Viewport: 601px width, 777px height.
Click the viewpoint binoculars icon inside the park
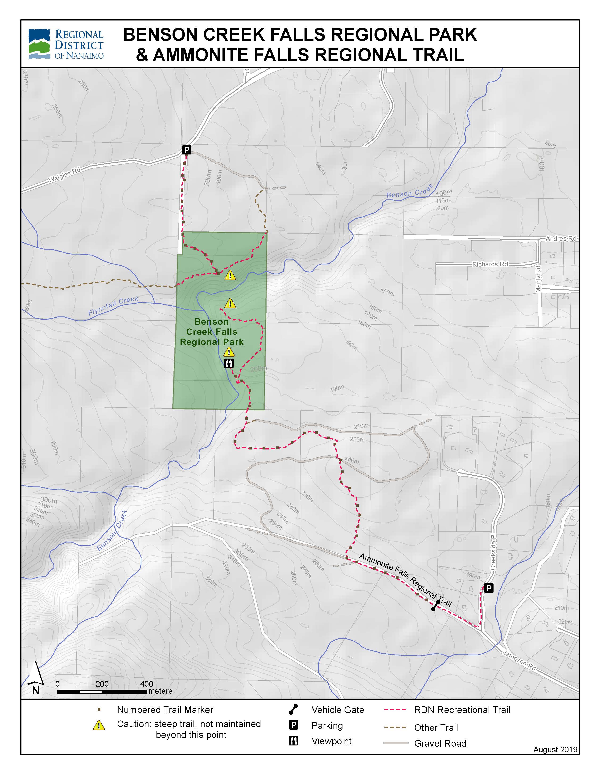tap(229, 363)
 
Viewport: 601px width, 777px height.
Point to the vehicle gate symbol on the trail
tap(435, 606)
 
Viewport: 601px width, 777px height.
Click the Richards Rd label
tap(490, 264)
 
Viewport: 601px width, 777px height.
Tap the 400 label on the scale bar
tap(146, 684)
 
